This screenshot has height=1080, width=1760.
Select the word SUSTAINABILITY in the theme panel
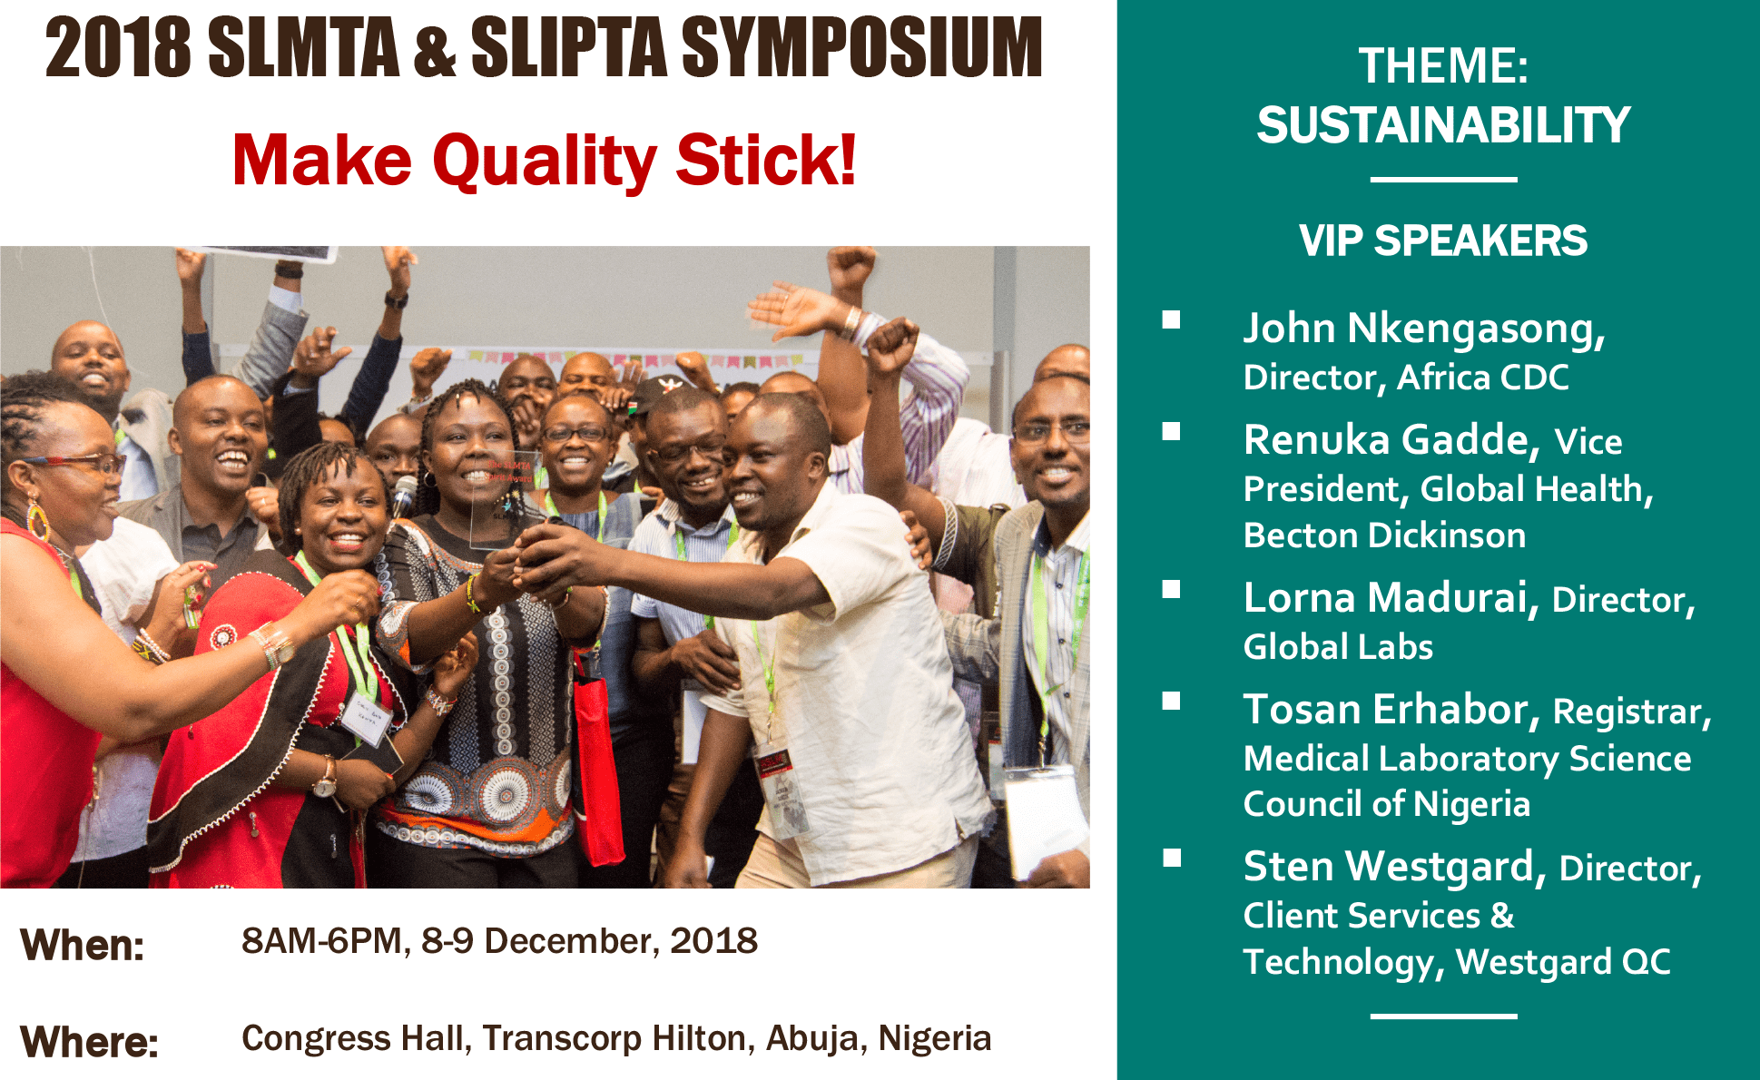1443,124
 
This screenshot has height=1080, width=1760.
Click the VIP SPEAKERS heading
1443,241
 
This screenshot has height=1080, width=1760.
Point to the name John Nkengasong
1424,329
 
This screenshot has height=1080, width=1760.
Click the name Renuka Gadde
1391,440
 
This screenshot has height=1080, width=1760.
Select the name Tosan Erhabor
1391,710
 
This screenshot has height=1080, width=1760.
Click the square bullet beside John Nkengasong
1171,319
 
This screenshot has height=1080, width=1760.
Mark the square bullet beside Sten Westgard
1171,858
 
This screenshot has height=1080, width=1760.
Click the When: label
83,945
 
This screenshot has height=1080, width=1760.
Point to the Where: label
89,1041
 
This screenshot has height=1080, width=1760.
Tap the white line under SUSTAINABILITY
1443,180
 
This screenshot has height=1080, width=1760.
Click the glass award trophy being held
504,499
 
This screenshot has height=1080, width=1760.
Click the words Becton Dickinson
1384,535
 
